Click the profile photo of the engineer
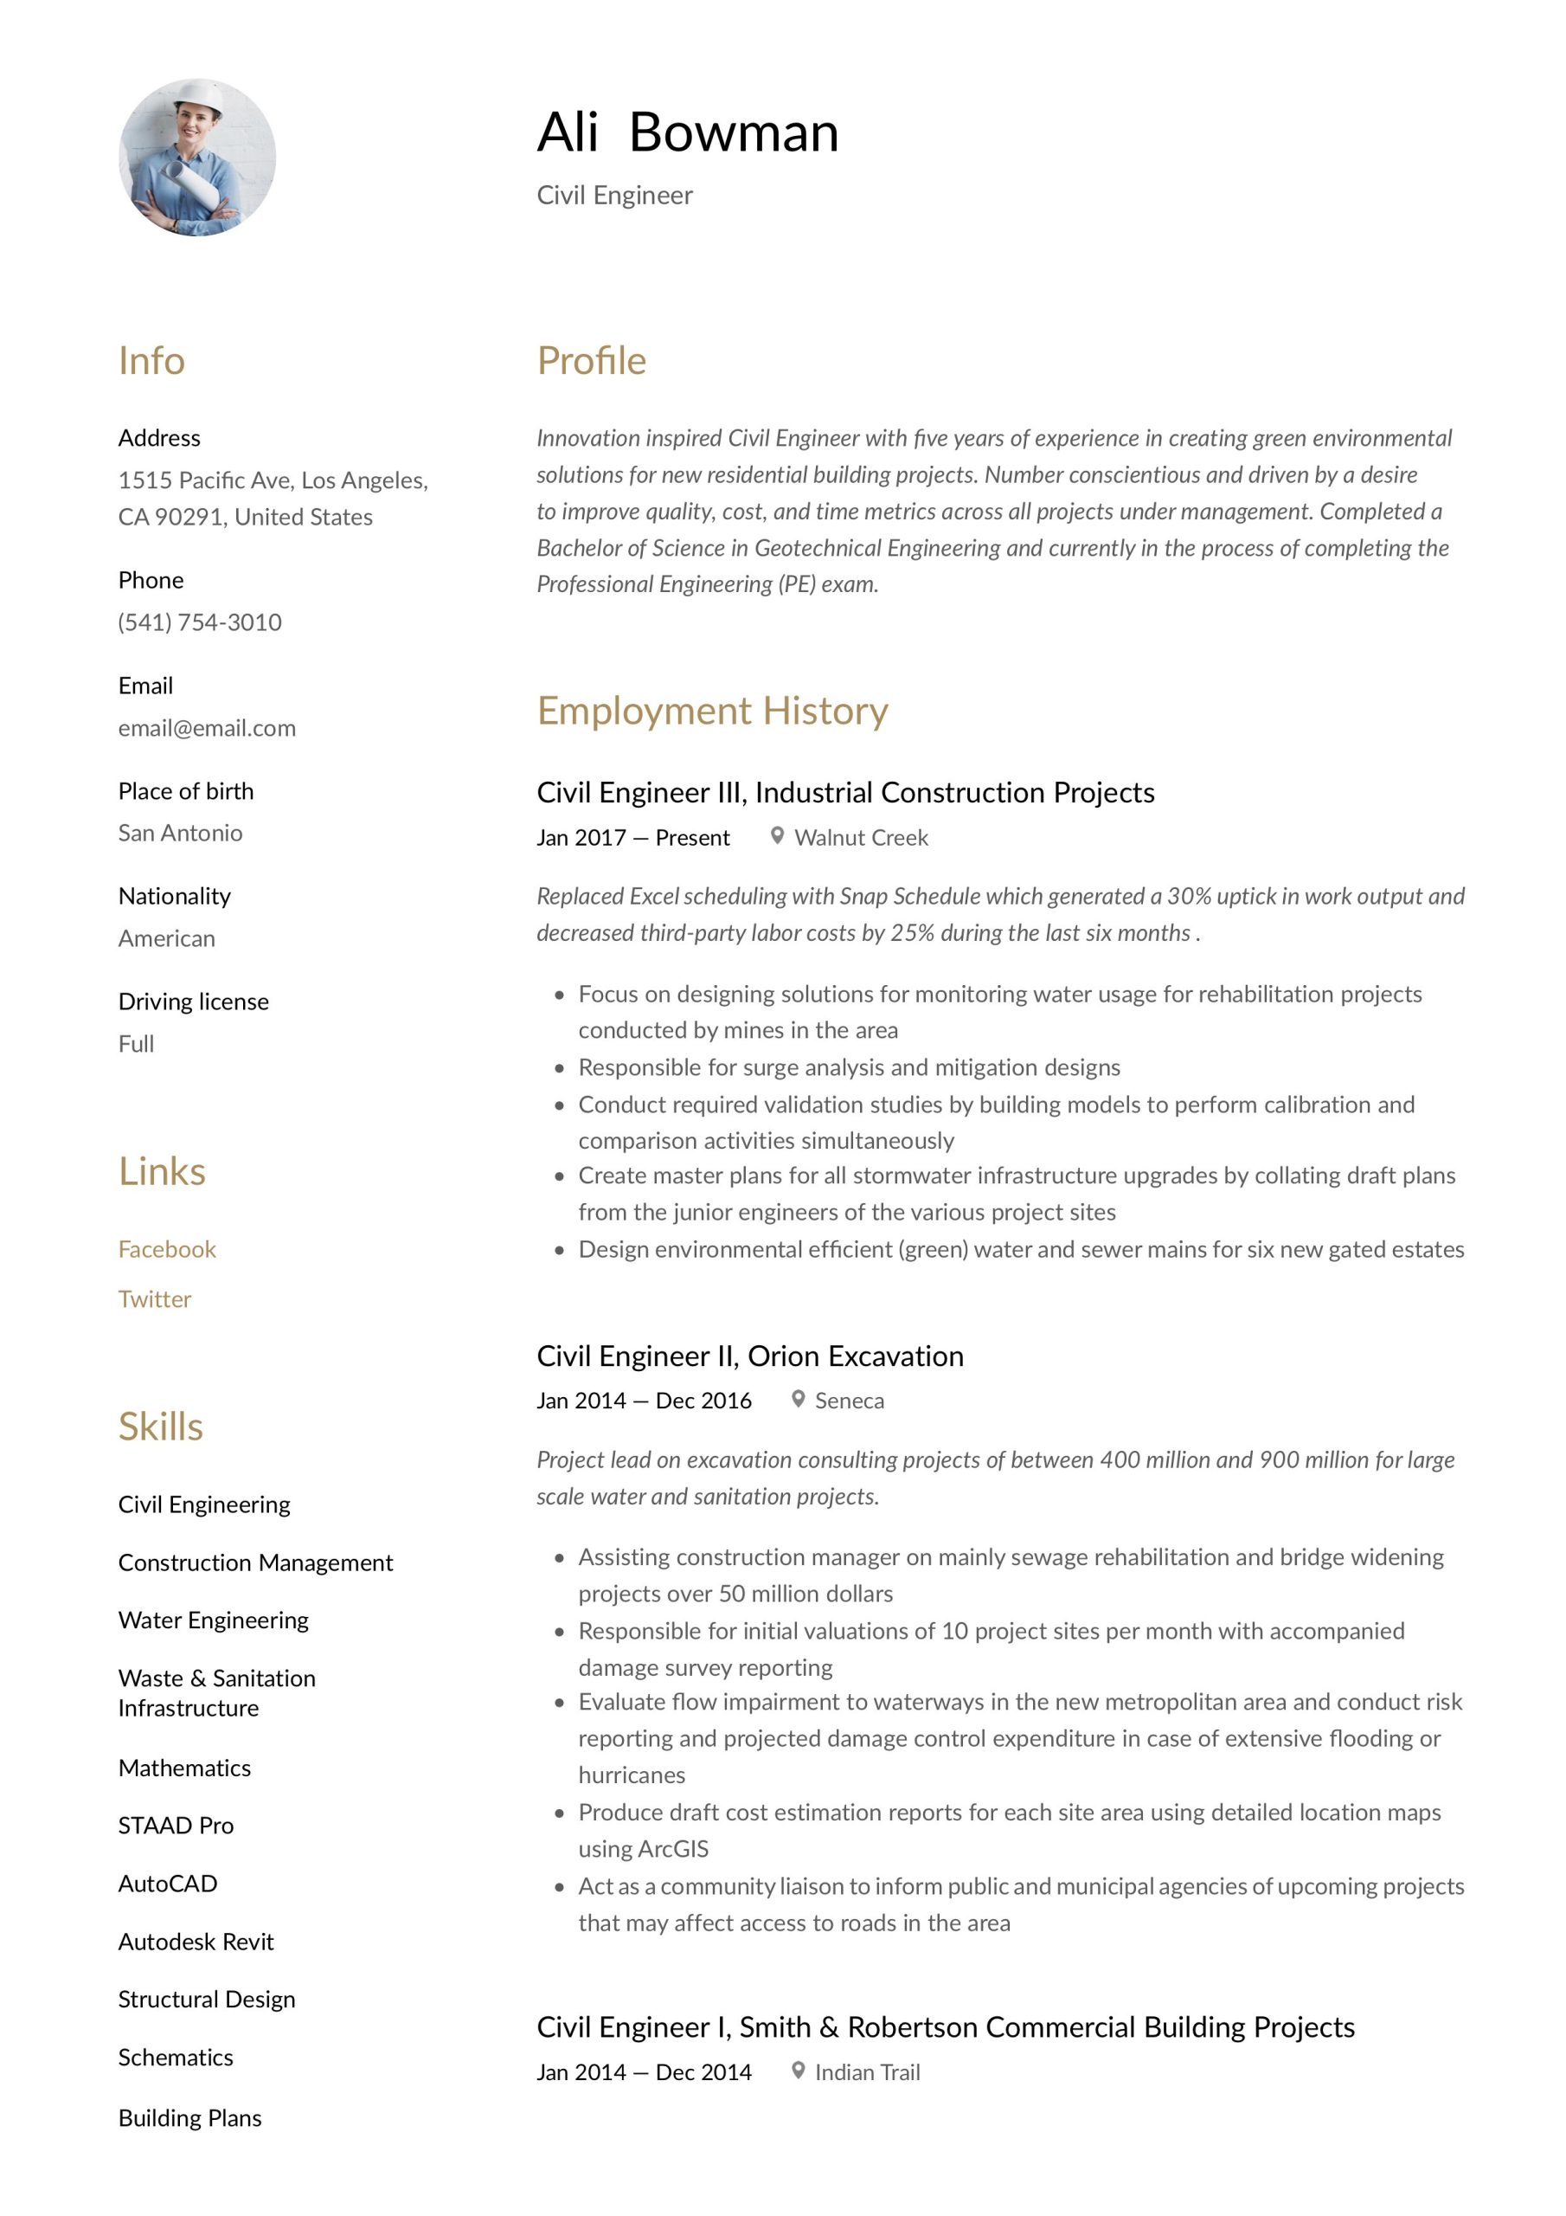[197, 158]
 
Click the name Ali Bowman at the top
[687, 132]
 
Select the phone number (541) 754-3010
[200, 622]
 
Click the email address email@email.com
[207, 728]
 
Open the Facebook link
[167, 1249]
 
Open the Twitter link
[154, 1299]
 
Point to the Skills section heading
[160, 1427]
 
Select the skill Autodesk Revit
[196, 1941]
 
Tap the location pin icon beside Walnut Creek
[777, 836]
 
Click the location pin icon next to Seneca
[798, 1399]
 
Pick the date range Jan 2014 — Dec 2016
[644, 1401]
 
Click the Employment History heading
[712, 711]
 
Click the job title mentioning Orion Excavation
[750, 1356]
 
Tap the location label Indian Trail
[868, 2072]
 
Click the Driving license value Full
[136, 1043]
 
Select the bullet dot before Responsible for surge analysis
[559, 1068]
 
